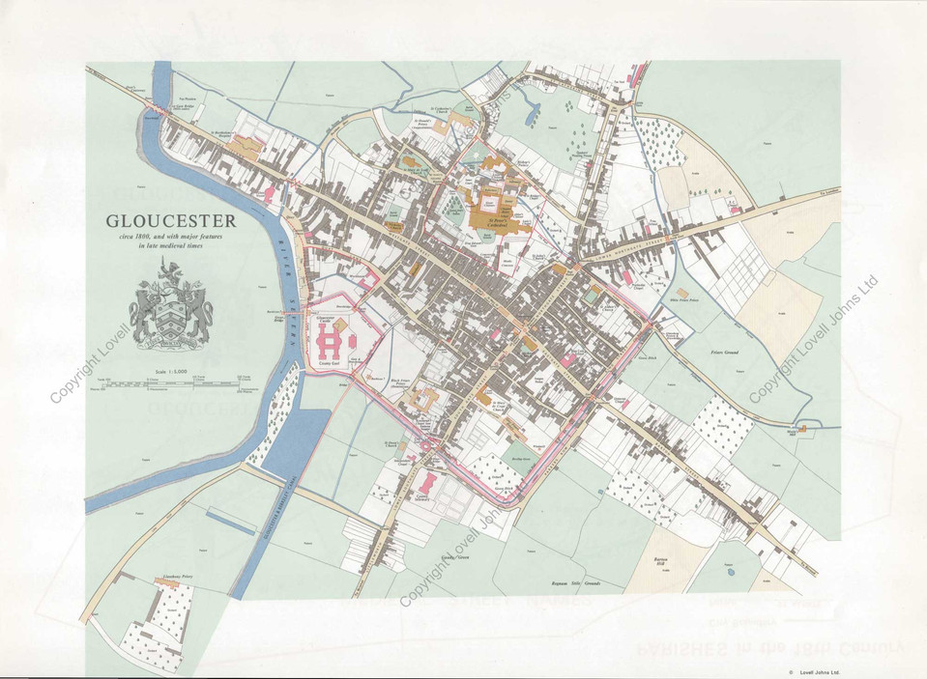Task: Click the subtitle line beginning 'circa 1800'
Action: tap(183, 237)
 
